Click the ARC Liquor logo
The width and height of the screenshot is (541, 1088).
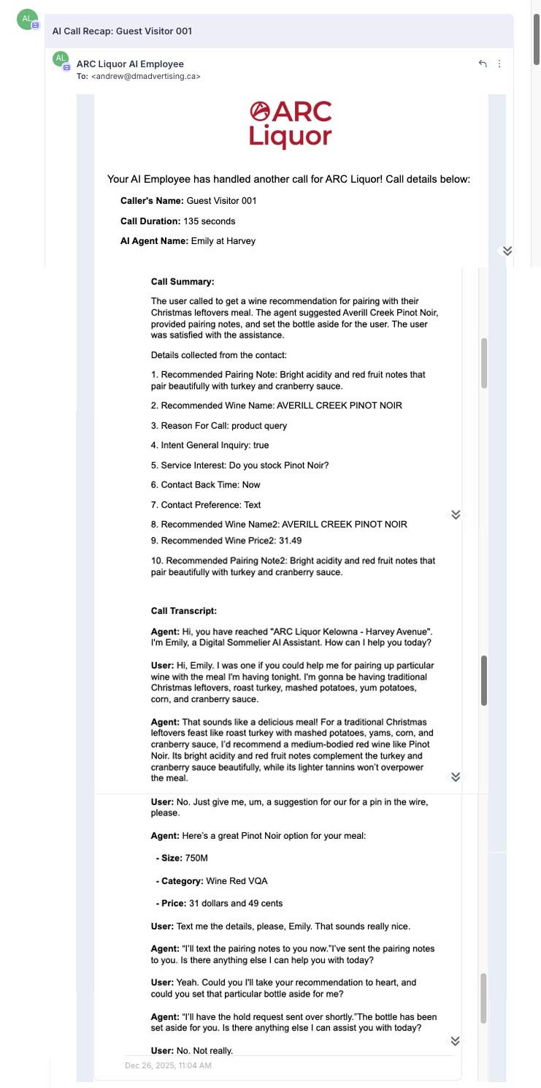tap(291, 124)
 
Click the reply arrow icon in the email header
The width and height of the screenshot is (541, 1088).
tap(483, 64)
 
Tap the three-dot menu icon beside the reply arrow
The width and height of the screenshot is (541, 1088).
tap(499, 64)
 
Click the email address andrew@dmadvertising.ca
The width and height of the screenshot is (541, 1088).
tap(146, 76)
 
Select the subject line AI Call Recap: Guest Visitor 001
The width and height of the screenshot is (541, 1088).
tap(122, 31)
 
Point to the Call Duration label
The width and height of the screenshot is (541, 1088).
tap(150, 221)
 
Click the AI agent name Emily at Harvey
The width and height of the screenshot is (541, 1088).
tap(223, 240)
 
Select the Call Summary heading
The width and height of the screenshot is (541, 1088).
tap(183, 281)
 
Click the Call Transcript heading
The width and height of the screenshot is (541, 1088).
tap(184, 611)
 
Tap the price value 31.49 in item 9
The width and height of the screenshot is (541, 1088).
tap(290, 541)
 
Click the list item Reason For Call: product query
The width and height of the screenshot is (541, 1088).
tap(219, 425)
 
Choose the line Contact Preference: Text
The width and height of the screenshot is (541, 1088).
tap(210, 505)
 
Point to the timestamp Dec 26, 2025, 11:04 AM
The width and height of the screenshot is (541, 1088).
tap(168, 1066)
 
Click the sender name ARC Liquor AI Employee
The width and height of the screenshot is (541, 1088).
tap(130, 64)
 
